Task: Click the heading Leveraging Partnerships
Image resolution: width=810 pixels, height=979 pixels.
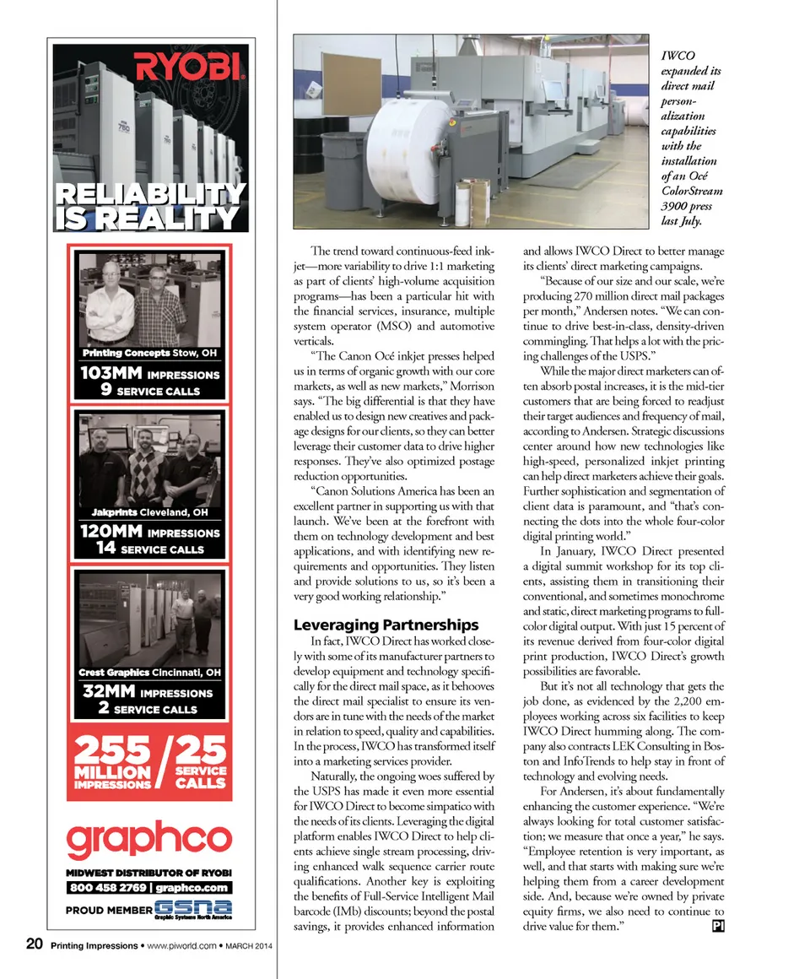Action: [x=386, y=625]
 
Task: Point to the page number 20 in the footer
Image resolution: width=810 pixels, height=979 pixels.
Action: [x=34, y=945]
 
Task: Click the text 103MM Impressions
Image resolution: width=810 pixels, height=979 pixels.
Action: [x=149, y=375]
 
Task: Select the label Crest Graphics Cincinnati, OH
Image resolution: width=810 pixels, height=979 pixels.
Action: [x=149, y=673]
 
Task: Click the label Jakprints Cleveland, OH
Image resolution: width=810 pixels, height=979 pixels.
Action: [x=149, y=512]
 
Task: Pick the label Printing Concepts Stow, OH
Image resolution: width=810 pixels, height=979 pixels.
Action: [x=149, y=353]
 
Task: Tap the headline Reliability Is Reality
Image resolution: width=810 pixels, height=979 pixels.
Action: [x=149, y=207]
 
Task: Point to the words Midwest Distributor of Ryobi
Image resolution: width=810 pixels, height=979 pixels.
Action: [x=149, y=872]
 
